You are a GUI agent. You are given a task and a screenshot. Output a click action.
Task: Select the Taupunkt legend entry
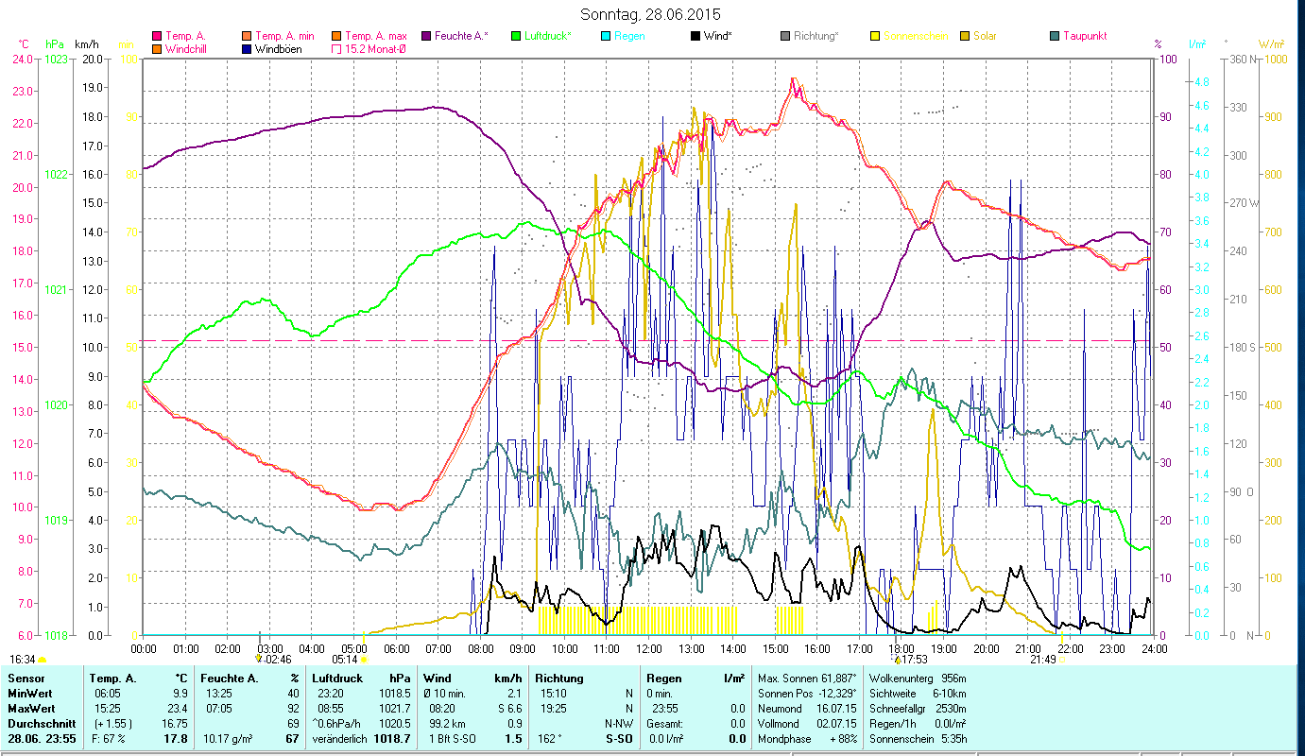1084,36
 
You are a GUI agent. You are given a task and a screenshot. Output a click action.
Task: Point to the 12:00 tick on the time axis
649,648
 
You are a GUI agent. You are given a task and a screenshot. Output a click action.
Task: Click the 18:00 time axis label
901,648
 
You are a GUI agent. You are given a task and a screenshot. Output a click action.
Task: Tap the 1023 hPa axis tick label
57,60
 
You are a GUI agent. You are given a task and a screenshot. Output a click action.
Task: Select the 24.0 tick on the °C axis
23,60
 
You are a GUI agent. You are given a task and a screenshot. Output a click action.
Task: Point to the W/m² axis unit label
1271,43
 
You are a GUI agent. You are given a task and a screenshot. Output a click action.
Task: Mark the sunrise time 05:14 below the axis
344,659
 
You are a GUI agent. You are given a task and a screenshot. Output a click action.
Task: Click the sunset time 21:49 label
1043,659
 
